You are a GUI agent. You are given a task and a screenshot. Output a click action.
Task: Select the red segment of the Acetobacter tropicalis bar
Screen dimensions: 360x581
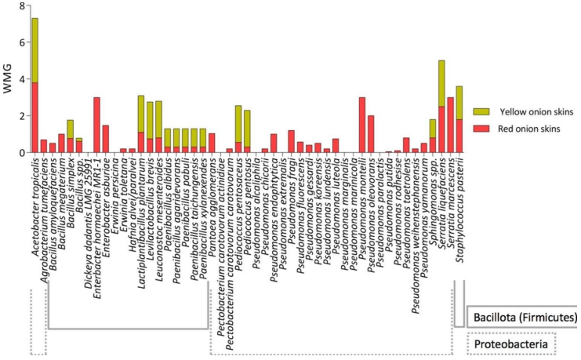[34, 118]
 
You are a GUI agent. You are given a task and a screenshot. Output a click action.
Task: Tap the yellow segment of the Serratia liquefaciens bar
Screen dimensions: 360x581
[442, 83]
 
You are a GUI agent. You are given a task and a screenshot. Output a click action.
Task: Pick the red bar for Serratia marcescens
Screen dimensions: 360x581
[450, 125]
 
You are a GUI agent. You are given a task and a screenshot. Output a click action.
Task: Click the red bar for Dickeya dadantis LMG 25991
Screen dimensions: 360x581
[96, 125]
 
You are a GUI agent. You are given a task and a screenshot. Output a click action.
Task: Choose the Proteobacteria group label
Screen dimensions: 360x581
[510, 344]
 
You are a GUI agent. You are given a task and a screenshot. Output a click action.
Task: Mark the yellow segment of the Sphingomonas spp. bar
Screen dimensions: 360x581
[433, 129]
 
